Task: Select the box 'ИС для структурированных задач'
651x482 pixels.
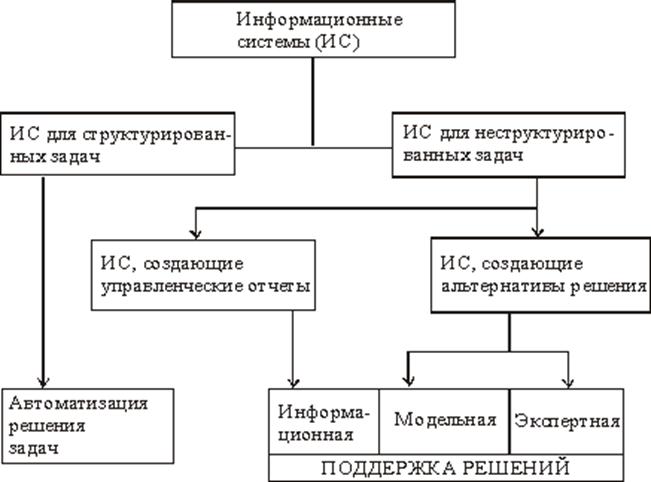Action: (x=122, y=146)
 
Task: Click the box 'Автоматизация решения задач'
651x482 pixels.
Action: (x=78, y=423)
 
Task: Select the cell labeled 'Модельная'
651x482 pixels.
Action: (x=443, y=420)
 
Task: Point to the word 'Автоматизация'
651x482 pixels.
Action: (x=78, y=403)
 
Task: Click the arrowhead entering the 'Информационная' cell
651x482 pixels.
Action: (x=292, y=381)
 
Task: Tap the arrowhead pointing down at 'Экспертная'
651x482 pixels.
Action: (x=569, y=381)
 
